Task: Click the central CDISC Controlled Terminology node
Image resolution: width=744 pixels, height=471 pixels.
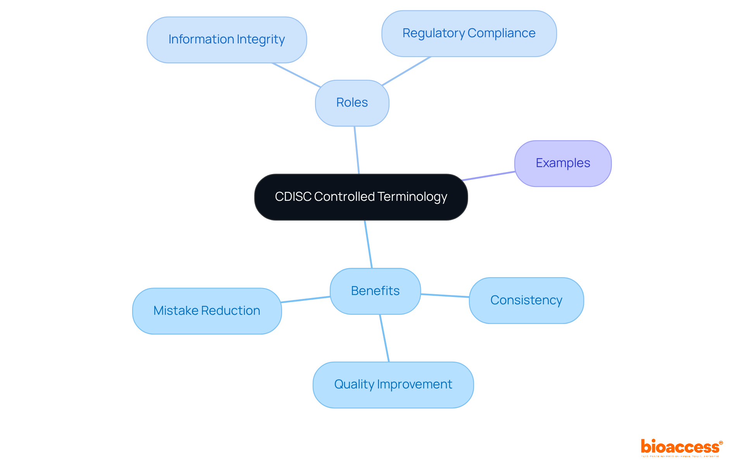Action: point(361,197)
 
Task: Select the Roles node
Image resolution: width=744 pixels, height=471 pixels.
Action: point(352,103)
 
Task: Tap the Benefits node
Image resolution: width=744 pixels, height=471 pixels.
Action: point(375,291)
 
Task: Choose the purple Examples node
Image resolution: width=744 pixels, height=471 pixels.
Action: point(563,163)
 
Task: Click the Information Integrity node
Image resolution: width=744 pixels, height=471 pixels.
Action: point(227,40)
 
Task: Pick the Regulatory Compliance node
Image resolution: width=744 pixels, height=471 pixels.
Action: point(469,33)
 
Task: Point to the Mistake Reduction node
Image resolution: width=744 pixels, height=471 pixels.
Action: point(207,311)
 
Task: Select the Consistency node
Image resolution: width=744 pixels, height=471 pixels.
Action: point(526,300)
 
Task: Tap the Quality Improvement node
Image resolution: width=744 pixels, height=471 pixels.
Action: point(393,385)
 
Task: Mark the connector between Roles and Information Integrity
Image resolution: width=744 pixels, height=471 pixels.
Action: point(296,75)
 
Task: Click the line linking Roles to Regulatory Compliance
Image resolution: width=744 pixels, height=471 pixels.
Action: point(406,71)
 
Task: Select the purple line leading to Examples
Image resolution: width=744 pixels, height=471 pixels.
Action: point(488,176)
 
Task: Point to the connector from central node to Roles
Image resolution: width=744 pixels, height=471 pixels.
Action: point(357,150)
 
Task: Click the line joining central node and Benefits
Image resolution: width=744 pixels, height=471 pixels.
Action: point(368,244)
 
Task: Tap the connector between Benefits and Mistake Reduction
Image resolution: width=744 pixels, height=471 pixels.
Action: point(305,300)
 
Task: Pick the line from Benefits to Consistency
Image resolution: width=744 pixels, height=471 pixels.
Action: point(445,296)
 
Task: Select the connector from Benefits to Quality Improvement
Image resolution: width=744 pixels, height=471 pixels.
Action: point(384,338)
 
